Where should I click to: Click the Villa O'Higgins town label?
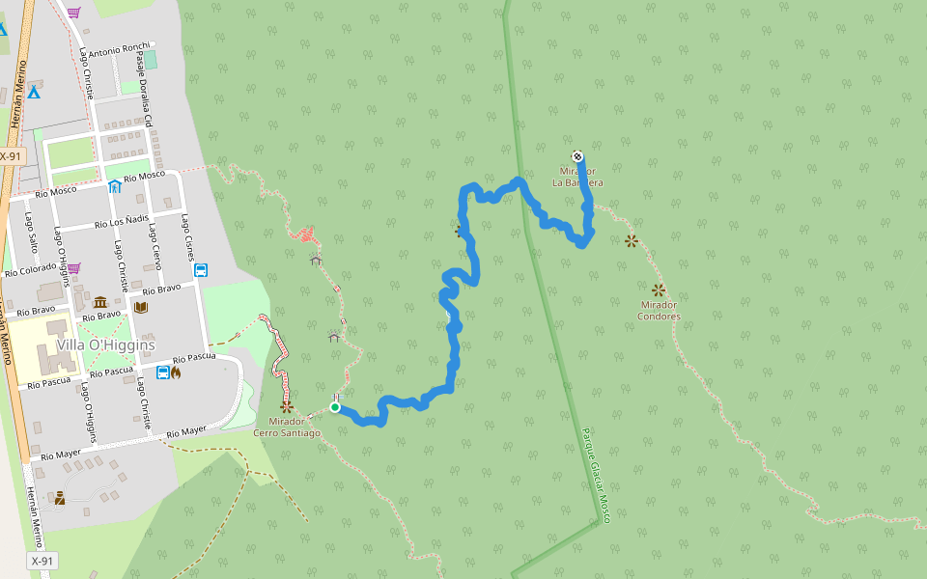tap(105, 345)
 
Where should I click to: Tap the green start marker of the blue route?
tap(335, 407)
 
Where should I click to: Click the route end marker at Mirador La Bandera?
tap(577, 156)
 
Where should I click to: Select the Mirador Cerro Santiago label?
tap(286, 427)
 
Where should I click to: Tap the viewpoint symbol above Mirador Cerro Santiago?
tap(286, 407)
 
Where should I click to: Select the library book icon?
tap(141, 307)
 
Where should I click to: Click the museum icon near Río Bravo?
tap(100, 303)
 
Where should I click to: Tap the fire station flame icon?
tap(176, 372)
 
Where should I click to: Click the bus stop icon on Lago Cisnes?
tap(200, 270)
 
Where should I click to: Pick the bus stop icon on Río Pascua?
tap(162, 372)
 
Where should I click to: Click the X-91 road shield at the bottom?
tap(42, 561)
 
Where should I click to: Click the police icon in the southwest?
tap(60, 498)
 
